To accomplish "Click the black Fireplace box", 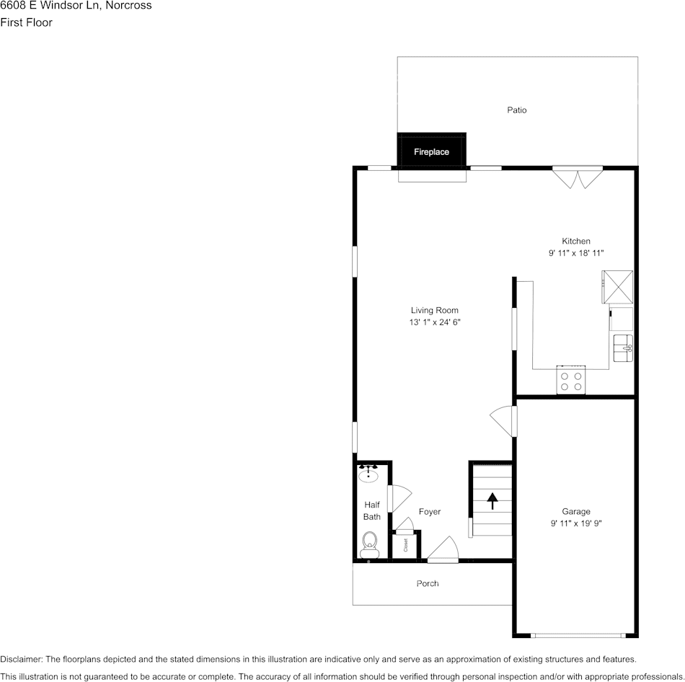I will coord(431,151).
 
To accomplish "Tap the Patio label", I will coord(516,110).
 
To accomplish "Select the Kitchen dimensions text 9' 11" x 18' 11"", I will coord(575,253).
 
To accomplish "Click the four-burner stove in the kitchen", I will coord(571,381).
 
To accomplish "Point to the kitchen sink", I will coord(622,347).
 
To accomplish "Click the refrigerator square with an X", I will coord(618,287).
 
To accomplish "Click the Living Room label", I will coord(434,311).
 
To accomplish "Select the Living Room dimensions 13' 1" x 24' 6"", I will coord(434,323).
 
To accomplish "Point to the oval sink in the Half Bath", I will coord(369,475).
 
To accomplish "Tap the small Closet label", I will coord(405,545).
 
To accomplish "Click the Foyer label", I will coord(430,512).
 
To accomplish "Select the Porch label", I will coord(428,583).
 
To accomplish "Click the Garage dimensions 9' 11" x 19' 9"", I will coord(575,524).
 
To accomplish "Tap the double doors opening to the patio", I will coord(577,177).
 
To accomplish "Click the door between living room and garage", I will coord(506,420).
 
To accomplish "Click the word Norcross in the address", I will coord(128,6).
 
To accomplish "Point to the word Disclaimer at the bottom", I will coord(21,659).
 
